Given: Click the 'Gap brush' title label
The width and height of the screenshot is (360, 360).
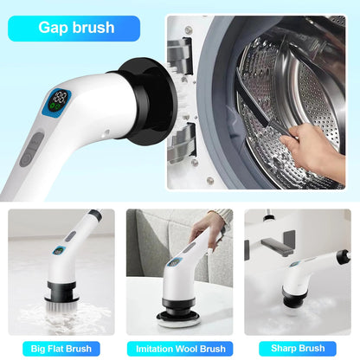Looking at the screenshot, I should pos(76,28).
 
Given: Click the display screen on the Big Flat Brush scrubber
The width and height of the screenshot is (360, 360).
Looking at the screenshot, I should pos(59,252).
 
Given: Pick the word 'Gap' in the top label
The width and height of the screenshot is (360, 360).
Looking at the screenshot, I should pos(54,28).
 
